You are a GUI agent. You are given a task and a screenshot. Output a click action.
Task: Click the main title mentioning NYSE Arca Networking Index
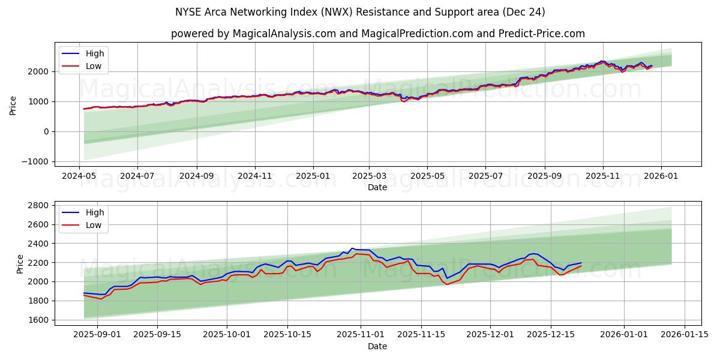(360, 12)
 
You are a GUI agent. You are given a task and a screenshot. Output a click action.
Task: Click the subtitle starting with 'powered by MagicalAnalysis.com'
(377, 34)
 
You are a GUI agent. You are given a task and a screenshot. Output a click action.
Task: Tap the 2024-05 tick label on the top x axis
(79, 177)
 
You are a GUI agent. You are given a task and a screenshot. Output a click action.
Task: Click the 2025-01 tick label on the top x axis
(313, 177)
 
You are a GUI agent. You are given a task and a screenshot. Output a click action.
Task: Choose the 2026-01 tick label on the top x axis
(661, 177)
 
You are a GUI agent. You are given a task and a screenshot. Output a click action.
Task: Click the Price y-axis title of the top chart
(13, 105)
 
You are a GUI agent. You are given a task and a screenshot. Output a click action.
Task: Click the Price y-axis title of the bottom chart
(20, 264)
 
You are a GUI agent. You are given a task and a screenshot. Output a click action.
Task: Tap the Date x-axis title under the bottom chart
(377, 347)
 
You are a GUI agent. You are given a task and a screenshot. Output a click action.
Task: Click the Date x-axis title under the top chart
(377, 187)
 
